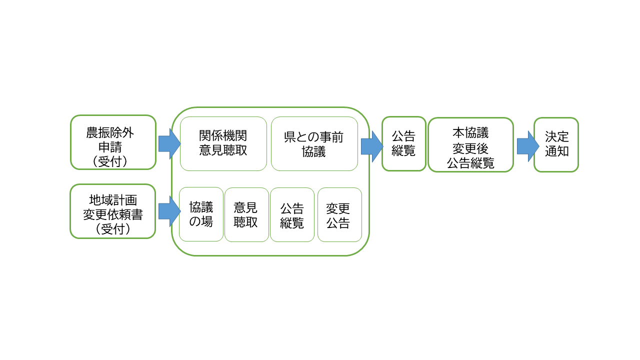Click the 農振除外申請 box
pyautogui.click(x=113, y=142)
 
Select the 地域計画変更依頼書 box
pyautogui.click(x=113, y=211)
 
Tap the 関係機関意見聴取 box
pyautogui.click(x=223, y=143)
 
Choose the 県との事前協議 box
pyautogui.click(x=314, y=143)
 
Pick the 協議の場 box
pyautogui.click(x=201, y=214)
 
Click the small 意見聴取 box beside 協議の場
pyautogui.click(x=246, y=214)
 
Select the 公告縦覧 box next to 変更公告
pyautogui.click(x=292, y=214)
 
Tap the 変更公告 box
pyautogui.click(x=339, y=214)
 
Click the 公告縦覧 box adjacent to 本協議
pyautogui.click(x=403, y=143)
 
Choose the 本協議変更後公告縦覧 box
pyautogui.click(x=470, y=144)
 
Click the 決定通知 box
pyautogui.click(x=556, y=144)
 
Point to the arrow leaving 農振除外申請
pyautogui.click(x=169, y=144)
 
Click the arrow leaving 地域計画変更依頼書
pyautogui.click(x=169, y=211)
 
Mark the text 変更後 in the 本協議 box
pyautogui.click(x=470, y=148)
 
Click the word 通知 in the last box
pyautogui.click(x=556, y=151)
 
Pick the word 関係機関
pyautogui.click(x=223, y=136)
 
